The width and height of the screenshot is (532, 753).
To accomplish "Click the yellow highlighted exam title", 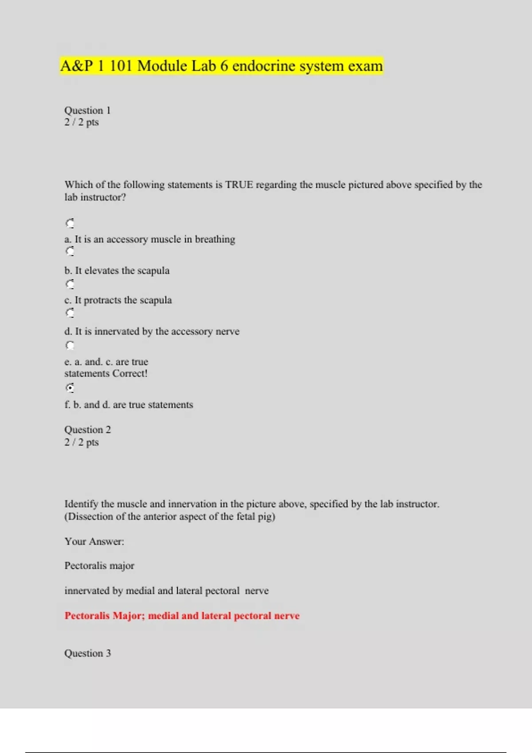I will click(x=221, y=66).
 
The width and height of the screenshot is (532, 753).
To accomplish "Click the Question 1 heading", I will click(x=87, y=110).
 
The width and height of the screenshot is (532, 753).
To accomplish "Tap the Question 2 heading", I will click(x=87, y=430).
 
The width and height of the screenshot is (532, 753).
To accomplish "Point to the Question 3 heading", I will click(x=87, y=653).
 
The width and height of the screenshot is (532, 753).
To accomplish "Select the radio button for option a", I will click(x=70, y=223).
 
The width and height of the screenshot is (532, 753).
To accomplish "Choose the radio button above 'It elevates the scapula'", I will click(x=70, y=252).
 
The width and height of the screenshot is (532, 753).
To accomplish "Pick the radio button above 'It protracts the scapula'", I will click(x=70, y=284).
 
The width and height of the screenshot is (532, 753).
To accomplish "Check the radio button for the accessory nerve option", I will click(x=70, y=313).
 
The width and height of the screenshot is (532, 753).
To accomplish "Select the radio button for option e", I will click(x=70, y=345).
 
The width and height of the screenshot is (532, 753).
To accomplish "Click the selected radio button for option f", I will click(x=70, y=388).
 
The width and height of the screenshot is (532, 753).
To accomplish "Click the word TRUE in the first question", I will click(x=239, y=185).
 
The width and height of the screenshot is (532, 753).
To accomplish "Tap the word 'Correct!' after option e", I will click(x=130, y=373).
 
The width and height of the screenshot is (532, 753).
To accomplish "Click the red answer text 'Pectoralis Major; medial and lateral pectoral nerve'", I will click(x=182, y=616).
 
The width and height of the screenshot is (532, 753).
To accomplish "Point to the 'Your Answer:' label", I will click(x=94, y=541).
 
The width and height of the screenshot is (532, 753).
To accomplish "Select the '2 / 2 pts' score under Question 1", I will click(x=82, y=122).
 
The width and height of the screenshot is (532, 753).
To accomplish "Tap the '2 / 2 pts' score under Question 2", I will click(x=82, y=442).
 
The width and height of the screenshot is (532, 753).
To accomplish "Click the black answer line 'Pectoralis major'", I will click(x=99, y=566).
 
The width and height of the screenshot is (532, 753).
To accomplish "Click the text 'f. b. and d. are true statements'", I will click(x=129, y=405).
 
